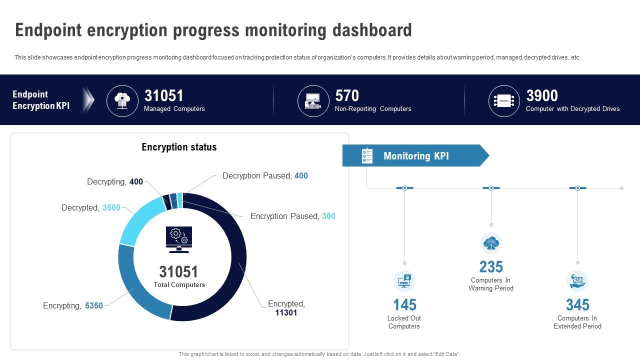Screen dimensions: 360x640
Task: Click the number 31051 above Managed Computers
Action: tap(163, 95)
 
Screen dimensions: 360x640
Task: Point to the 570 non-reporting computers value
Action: tap(347, 95)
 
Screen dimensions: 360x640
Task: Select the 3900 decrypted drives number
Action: tap(542, 95)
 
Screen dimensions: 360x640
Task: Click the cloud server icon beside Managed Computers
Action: tap(122, 101)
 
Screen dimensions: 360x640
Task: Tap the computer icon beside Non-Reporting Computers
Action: tap(313, 101)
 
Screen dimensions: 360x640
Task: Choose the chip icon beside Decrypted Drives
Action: tap(504, 101)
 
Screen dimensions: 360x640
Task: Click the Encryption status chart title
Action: tap(179, 147)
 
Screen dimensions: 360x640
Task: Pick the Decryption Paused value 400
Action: tap(301, 175)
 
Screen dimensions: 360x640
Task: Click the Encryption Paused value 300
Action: tap(328, 216)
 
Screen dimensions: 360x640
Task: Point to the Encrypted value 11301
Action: tap(286, 313)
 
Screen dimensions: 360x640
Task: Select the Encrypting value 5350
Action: tap(94, 305)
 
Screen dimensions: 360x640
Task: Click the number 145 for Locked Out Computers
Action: tap(404, 304)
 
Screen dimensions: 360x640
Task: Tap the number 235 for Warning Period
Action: tap(490, 266)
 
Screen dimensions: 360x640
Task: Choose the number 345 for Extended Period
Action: tap(577, 304)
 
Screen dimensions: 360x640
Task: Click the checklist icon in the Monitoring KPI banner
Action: tap(367, 155)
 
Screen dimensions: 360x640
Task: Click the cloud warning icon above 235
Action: tap(491, 243)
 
